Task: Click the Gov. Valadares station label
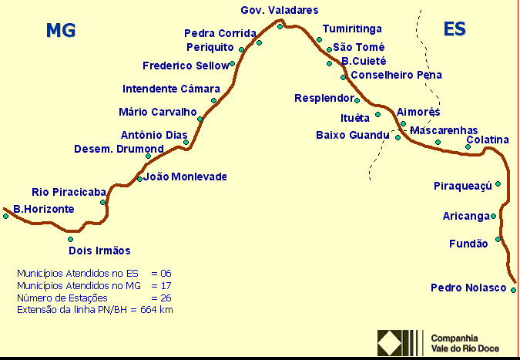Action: tap(279, 10)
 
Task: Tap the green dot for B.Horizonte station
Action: tap(5, 216)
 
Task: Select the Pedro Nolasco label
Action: tap(468, 288)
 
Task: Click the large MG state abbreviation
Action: tap(61, 30)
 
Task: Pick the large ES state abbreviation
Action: tap(455, 29)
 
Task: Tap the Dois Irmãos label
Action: tap(99, 251)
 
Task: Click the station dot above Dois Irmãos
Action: tap(70, 239)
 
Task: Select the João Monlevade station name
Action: tap(186, 177)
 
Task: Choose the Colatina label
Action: tap(488, 140)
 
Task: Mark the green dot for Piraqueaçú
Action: tap(498, 183)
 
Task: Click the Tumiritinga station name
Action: tap(352, 29)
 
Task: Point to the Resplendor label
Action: tap(324, 98)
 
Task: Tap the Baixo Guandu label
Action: tap(353, 135)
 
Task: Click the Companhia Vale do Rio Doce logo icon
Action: tap(401, 342)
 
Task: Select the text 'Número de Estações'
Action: tap(62, 298)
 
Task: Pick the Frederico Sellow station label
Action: tap(186, 66)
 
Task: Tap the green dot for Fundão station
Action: tap(498, 239)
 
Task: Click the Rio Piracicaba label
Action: tap(69, 192)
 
